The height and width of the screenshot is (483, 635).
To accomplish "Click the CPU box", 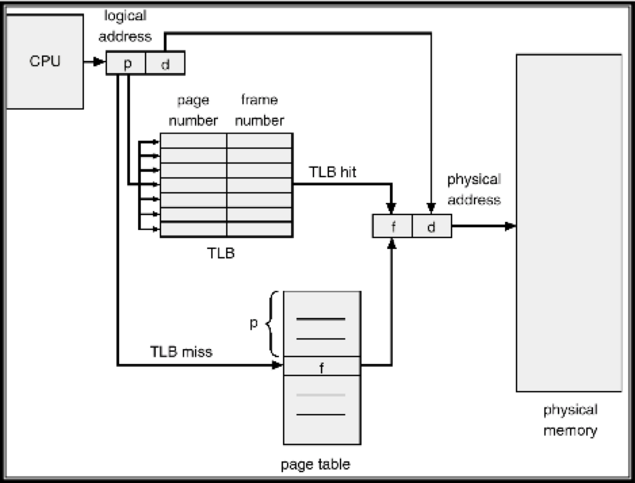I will tap(45, 61).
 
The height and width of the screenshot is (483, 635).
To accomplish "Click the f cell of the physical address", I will tap(393, 226).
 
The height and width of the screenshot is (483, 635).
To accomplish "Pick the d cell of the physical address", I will tap(431, 226).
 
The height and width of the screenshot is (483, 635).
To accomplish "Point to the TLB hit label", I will tap(332, 172).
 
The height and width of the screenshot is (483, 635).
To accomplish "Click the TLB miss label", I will tap(181, 352).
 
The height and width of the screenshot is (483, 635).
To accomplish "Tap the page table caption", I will tap(315, 464).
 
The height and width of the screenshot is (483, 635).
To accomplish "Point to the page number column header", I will tap(194, 110).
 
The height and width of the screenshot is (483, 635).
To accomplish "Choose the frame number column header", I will tap(259, 110).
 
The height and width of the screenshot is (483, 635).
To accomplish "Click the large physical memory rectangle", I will tap(569, 223).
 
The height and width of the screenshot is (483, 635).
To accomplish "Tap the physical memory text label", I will tap(570, 420).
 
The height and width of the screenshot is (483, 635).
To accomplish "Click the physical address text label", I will tap(474, 189).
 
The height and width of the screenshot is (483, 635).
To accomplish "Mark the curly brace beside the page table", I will tap(273, 323).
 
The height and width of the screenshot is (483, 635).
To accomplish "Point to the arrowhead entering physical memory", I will tap(511, 226).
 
